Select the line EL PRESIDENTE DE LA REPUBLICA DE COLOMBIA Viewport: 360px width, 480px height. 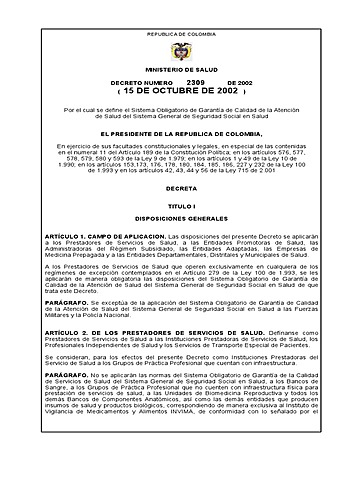180,134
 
